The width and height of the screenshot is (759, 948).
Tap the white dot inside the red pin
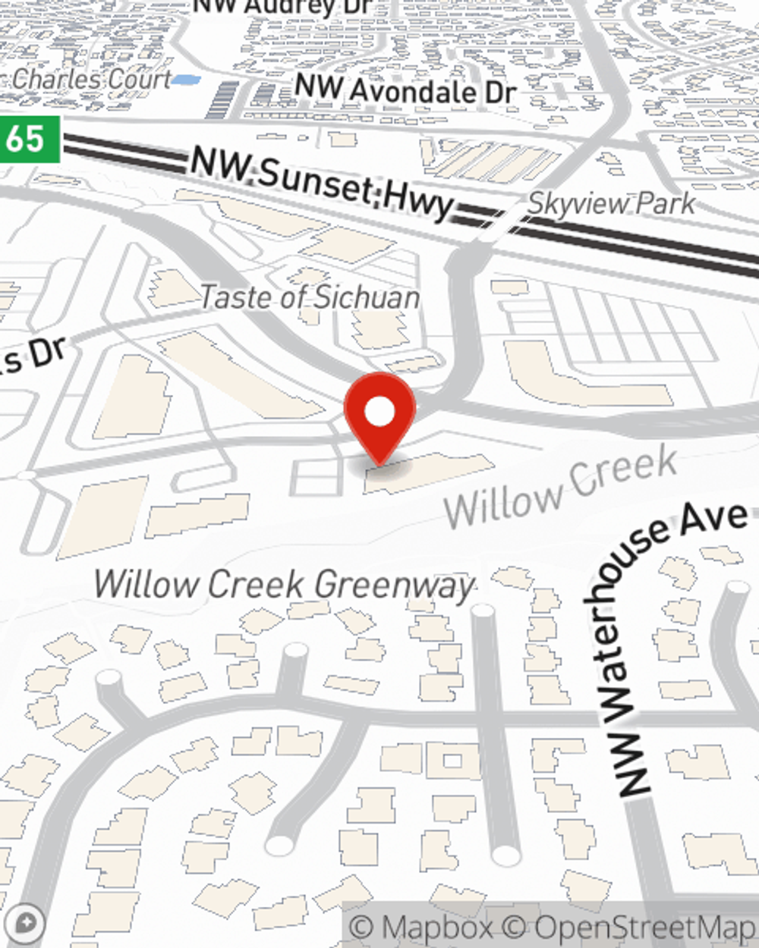(379, 412)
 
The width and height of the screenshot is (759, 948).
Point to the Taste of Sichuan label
(310, 297)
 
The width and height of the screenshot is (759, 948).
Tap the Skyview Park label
(611, 203)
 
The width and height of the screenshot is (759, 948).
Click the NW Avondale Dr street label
(405, 90)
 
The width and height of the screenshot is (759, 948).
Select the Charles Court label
(91, 78)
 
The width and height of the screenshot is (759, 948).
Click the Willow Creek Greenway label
(284, 585)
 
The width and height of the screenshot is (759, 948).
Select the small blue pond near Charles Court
(185, 78)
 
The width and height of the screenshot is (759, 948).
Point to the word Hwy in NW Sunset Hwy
(418, 201)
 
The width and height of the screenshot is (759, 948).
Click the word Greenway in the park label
(394, 585)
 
